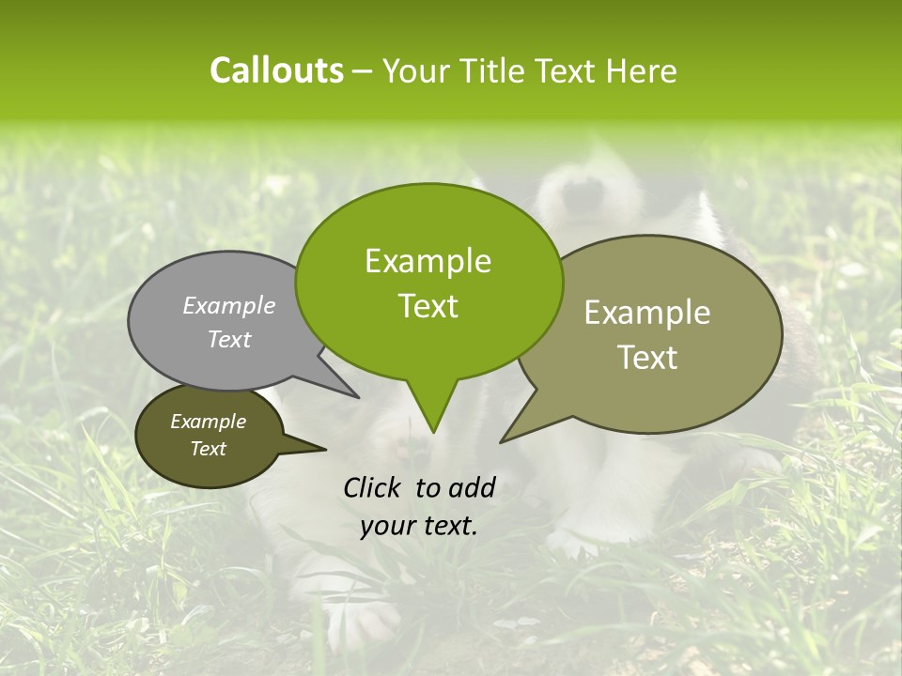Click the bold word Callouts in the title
click(276, 70)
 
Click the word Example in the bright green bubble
click(428, 261)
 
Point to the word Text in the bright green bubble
click(428, 306)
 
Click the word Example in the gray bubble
click(229, 305)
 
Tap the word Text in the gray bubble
click(229, 339)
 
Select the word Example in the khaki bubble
click(647, 313)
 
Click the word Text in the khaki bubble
click(647, 357)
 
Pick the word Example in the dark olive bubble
click(208, 422)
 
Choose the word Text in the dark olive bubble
click(208, 449)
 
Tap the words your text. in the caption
click(418, 526)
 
